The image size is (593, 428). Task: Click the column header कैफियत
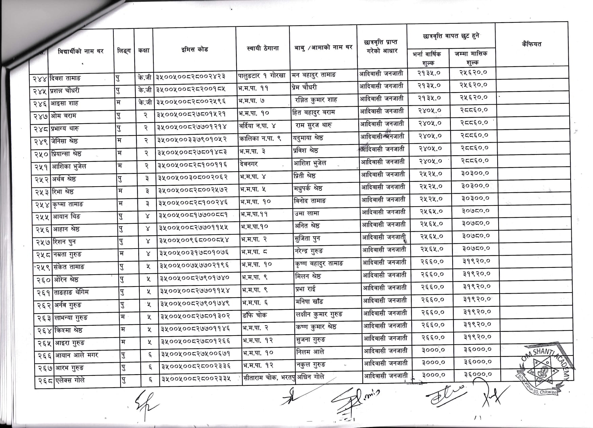[x=531, y=44]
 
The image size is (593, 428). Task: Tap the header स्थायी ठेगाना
[x=263, y=48]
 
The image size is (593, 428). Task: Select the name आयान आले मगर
[x=75, y=356]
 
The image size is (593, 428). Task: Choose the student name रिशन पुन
[x=64, y=242]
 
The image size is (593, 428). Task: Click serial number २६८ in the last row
[x=45, y=381]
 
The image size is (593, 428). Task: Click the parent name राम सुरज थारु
[x=313, y=125]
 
